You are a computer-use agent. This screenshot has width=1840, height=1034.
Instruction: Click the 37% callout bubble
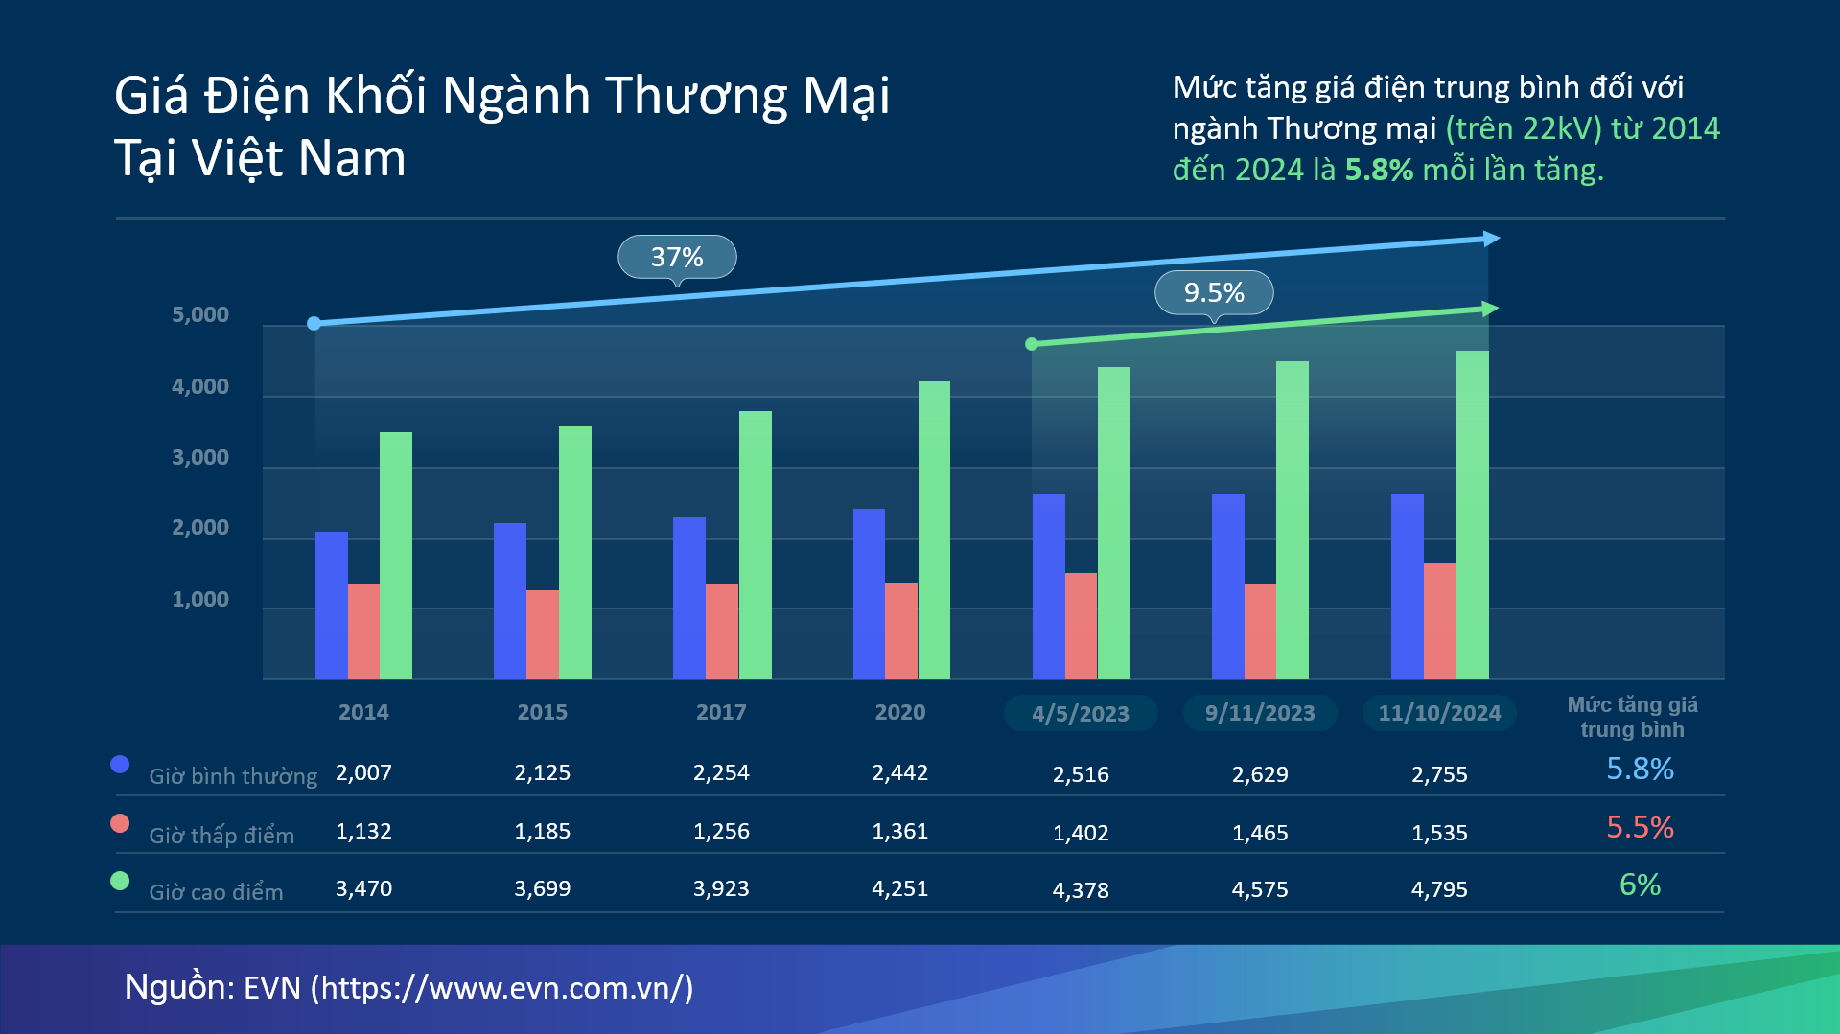coord(677,257)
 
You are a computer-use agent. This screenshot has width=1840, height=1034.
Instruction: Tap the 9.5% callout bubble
coord(1214,292)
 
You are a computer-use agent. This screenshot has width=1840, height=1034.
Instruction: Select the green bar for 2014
coord(396,556)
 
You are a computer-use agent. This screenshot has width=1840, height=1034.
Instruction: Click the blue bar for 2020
coord(869,594)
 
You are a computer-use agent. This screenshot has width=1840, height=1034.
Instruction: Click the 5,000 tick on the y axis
coord(200,315)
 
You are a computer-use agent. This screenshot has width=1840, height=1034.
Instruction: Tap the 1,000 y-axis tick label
coord(200,600)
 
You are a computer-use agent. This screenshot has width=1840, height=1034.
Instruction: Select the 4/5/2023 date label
coord(1081,714)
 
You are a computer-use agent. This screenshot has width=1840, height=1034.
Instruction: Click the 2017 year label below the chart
coord(721,712)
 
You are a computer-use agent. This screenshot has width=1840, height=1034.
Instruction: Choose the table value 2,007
coord(363,772)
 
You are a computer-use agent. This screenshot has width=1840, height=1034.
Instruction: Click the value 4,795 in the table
coord(1439,889)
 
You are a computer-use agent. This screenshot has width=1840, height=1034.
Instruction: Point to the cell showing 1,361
coord(899,831)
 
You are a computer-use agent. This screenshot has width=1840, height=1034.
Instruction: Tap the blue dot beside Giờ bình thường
coord(120,764)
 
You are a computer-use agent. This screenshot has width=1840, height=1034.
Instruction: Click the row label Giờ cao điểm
coord(216,892)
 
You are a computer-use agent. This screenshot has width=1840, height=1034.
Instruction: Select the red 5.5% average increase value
coord(1640,827)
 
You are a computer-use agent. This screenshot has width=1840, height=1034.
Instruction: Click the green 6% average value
coord(1640,885)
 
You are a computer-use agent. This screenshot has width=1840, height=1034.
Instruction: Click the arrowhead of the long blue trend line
coord(1491,239)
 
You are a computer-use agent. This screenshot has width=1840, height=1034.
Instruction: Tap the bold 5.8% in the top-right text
coord(1378,170)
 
